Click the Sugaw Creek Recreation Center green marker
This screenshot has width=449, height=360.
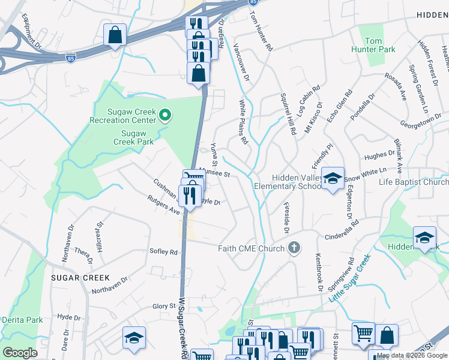[167, 115]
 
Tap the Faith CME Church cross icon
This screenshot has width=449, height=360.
[294, 248]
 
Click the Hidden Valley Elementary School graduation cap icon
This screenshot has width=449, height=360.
[332, 178]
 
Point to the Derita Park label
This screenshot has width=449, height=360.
[22, 320]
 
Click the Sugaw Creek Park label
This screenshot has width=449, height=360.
[133, 137]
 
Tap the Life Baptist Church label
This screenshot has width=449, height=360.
[414, 182]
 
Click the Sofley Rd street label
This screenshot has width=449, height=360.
[164, 253]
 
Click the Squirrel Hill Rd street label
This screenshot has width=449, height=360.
[289, 113]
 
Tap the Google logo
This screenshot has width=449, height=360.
[20, 353]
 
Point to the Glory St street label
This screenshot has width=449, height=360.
[163, 306]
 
